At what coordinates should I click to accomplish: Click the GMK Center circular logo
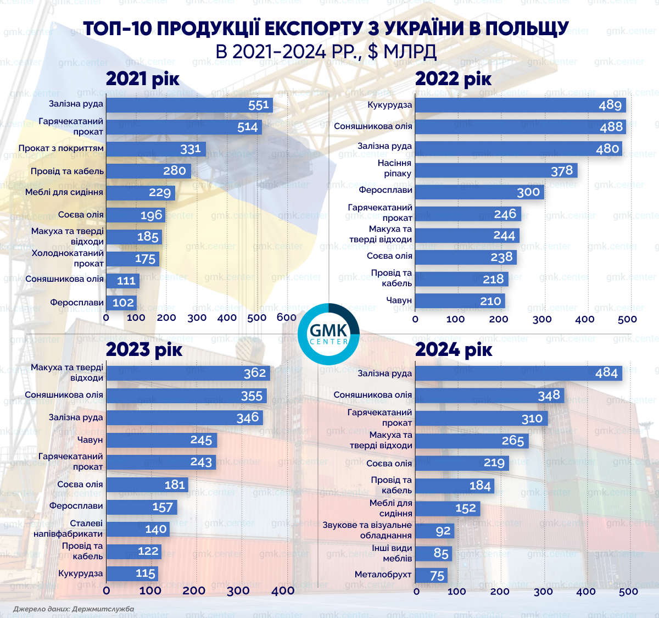click(x=328, y=334)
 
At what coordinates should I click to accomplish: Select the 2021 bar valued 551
click(x=189, y=105)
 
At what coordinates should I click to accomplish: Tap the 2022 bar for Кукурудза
click(x=520, y=105)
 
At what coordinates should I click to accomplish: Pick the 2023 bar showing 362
click(x=188, y=373)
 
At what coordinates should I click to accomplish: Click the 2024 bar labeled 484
click(x=518, y=373)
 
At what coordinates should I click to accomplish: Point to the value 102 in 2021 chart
click(x=123, y=303)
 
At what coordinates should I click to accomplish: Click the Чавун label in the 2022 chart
click(x=399, y=300)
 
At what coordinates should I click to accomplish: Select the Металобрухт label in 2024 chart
click(x=383, y=575)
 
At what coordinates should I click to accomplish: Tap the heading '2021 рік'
click(x=143, y=79)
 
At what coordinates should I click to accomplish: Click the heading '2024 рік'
click(x=454, y=349)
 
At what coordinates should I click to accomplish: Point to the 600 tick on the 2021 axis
click(x=287, y=318)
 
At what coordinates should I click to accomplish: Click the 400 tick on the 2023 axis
click(x=283, y=591)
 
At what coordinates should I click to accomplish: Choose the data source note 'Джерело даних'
click(x=74, y=609)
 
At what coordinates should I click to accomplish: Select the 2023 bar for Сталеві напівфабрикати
click(x=137, y=529)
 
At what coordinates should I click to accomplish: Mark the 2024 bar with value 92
click(x=434, y=531)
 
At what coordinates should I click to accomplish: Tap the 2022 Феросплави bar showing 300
click(x=479, y=192)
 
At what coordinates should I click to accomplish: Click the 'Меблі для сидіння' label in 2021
click(x=64, y=192)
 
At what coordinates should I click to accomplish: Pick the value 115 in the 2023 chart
click(x=146, y=574)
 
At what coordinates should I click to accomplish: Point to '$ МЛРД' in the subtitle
click(x=402, y=52)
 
